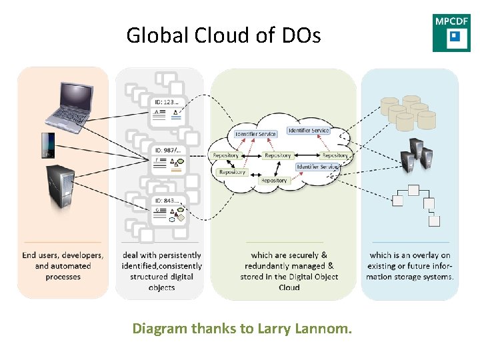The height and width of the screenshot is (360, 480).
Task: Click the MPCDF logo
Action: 451,33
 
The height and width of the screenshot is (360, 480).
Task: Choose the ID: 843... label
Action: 167,200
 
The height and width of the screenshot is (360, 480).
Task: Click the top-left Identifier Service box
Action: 255,134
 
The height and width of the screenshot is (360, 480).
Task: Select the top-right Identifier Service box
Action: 308,131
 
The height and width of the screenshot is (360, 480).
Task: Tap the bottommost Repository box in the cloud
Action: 274,181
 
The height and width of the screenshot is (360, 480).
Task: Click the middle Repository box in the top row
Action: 278,155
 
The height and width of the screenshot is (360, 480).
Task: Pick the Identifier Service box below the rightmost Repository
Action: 317,166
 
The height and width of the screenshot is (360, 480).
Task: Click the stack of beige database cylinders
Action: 407,112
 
